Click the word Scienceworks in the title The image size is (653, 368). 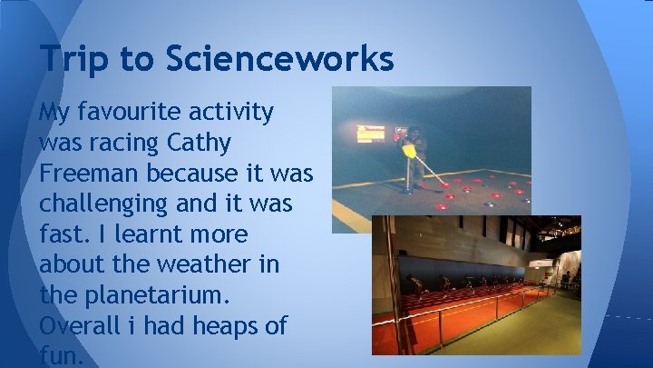[x=279, y=59]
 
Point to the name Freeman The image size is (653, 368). [x=87, y=173]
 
